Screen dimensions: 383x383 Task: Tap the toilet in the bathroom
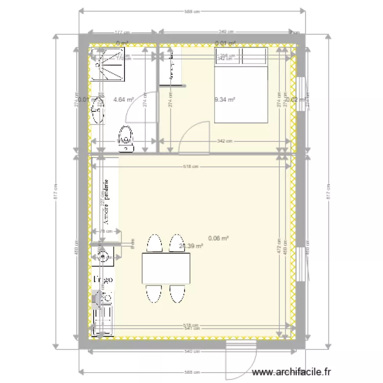pyautogui.click(x=126, y=138)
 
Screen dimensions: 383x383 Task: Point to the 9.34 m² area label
pyautogui.click(x=225, y=99)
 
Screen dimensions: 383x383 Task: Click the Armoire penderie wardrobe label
pyautogui.click(x=107, y=202)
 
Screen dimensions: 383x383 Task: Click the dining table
pyautogui.click(x=166, y=269)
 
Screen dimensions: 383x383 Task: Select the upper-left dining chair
pyautogui.click(x=154, y=243)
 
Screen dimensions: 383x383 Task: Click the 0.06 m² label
pyautogui.click(x=219, y=237)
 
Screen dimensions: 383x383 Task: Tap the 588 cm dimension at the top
pyautogui.click(x=192, y=12)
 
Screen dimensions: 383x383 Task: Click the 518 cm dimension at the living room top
pyautogui.click(x=191, y=166)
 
